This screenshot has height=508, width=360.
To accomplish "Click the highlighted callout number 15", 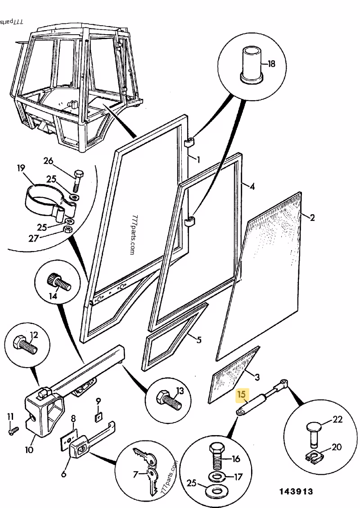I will click(x=242, y=395).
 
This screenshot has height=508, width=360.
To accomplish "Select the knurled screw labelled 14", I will click(x=58, y=282).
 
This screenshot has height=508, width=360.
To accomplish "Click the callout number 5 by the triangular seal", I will click(x=198, y=339).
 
